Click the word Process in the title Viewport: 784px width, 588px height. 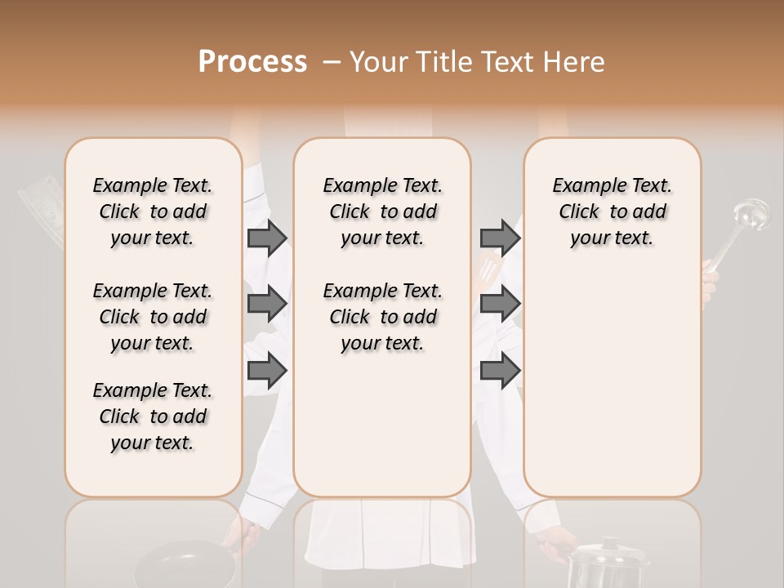[252, 62]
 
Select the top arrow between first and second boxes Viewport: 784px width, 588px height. [267, 238]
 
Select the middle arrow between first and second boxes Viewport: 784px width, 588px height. [267, 305]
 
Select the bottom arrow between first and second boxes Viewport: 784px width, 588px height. [267, 371]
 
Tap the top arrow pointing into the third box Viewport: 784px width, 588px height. [500, 238]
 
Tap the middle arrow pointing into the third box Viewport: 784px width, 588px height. [500, 305]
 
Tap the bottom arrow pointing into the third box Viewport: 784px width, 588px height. [500, 371]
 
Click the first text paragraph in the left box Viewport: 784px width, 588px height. [153, 212]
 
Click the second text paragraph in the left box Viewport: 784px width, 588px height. [153, 317]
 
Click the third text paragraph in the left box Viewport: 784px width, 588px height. [153, 416]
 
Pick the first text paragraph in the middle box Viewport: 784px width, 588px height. [382, 212]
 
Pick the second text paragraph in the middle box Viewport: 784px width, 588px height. [382, 317]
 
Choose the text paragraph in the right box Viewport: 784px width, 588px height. [612, 212]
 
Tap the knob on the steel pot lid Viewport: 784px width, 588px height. [609, 543]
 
